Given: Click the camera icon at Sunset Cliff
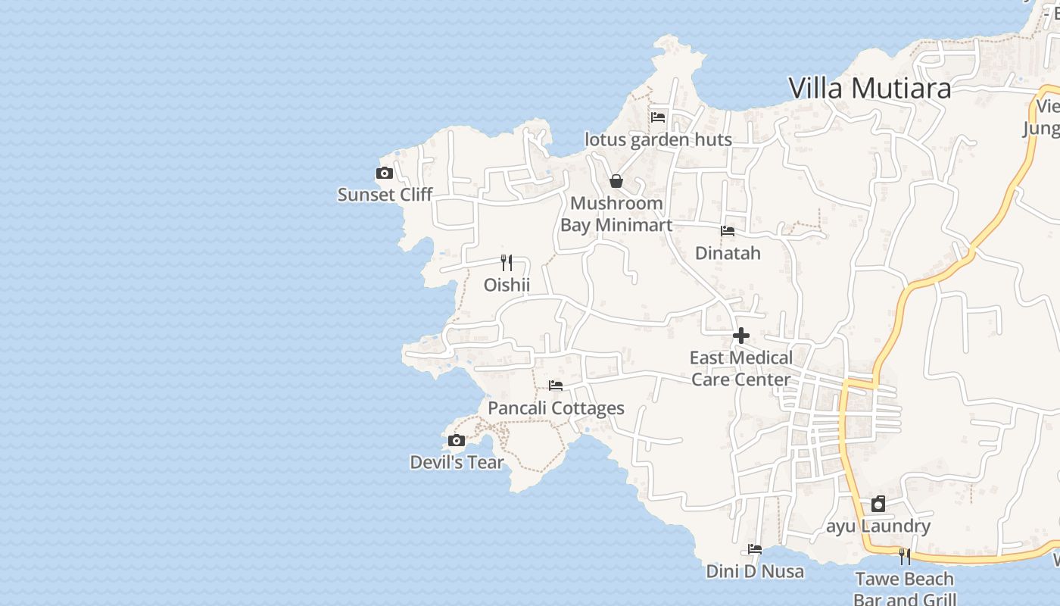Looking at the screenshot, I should pos(385,173).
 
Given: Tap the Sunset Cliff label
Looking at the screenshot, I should pos(385,195).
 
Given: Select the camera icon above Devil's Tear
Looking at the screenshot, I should pos(456,441).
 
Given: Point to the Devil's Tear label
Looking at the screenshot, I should pos(457,462).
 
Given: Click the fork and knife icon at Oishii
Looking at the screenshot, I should pos(507,263).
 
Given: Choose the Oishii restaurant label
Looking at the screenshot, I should pos(507,285).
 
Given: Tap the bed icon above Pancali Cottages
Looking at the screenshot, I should pos(556,386).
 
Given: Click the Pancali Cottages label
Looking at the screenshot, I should pos(556,408).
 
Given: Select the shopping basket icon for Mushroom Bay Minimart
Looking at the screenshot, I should pos(616,181).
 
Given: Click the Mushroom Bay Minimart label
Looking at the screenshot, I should pos(616,214).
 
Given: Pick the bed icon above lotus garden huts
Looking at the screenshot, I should pos(658,117).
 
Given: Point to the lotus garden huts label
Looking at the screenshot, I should pos(658,139).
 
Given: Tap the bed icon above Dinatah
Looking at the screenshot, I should pos(728,231).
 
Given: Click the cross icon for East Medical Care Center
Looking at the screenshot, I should pos(741,336).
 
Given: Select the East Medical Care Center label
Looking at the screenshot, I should pos(741,368).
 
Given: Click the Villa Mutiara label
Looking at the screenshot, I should pos(869,88).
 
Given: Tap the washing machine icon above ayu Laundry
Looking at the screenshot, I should pos(878,504).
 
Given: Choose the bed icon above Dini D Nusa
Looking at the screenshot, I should pos(755,549).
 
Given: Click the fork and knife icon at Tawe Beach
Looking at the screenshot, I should pos(904,557).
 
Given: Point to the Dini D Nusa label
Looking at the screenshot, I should pos(755,571).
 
